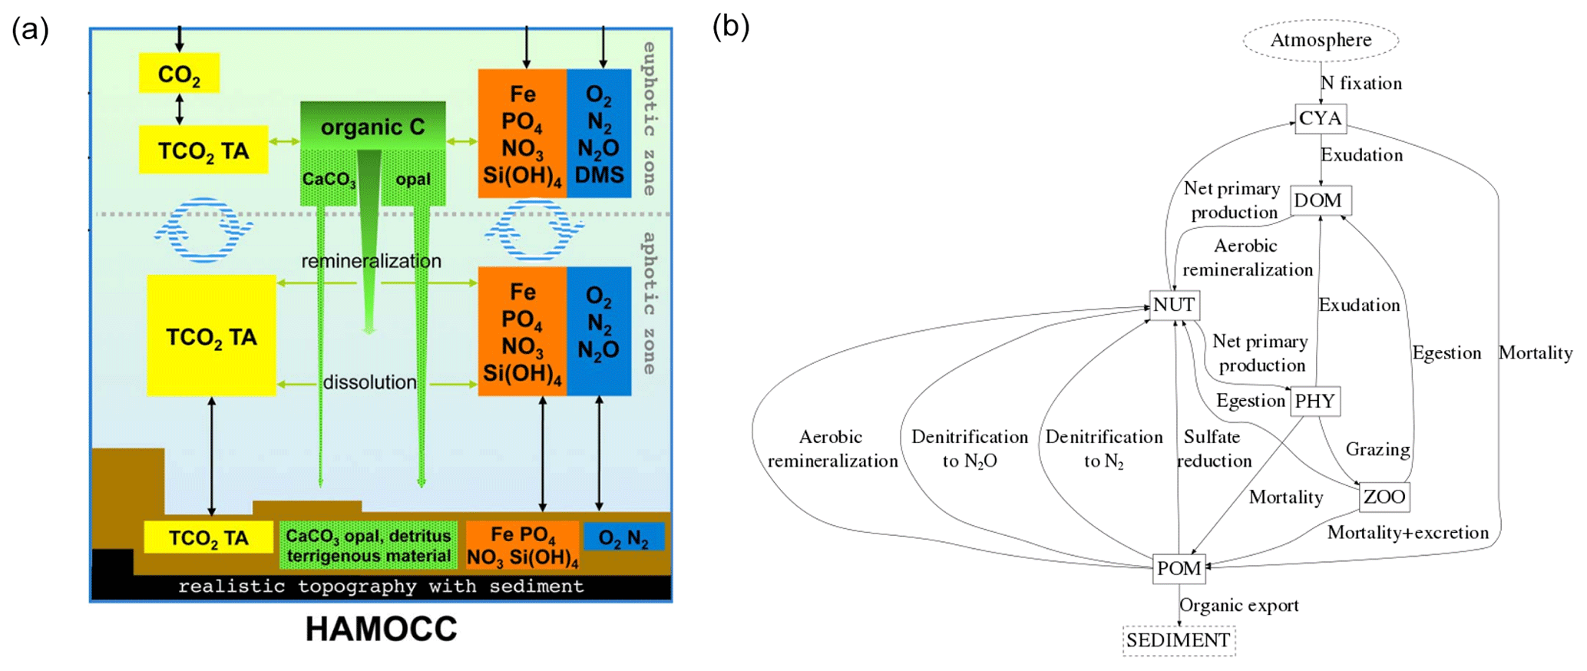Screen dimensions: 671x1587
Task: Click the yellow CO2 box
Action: pyautogui.click(x=179, y=74)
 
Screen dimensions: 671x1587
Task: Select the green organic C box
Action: pyautogui.click(x=372, y=127)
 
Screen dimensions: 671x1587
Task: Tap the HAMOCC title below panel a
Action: pyautogui.click(x=381, y=629)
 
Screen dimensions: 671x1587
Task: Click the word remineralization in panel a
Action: pyautogui.click(x=371, y=261)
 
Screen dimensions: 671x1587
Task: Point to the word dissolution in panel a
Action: pyautogui.click(x=369, y=382)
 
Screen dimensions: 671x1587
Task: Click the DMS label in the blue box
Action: pyautogui.click(x=599, y=176)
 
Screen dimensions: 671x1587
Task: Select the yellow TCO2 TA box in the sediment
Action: pyautogui.click(x=208, y=537)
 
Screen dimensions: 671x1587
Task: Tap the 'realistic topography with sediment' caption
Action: pyautogui.click(x=381, y=587)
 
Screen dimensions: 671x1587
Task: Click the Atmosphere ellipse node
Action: pyautogui.click(x=1321, y=40)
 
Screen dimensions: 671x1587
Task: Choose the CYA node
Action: pyautogui.click(x=1321, y=118)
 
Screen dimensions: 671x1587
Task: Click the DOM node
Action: pyautogui.click(x=1319, y=200)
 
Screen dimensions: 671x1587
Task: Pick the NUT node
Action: pyautogui.click(x=1174, y=305)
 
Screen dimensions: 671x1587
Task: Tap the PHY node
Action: pyautogui.click(x=1314, y=401)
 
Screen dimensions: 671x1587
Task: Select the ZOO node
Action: pyautogui.click(x=1384, y=497)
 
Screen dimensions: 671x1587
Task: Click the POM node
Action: pyautogui.click(x=1179, y=568)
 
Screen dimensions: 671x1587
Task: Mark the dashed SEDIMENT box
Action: pyautogui.click(x=1179, y=640)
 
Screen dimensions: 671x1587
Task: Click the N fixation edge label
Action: pyautogui.click(x=1361, y=83)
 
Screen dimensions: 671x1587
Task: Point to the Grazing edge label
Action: pyautogui.click(x=1377, y=449)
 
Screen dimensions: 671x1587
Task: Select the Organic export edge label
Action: pyautogui.click(x=1238, y=605)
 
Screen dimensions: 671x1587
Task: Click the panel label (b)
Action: pyautogui.click(x=730, y=27)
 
